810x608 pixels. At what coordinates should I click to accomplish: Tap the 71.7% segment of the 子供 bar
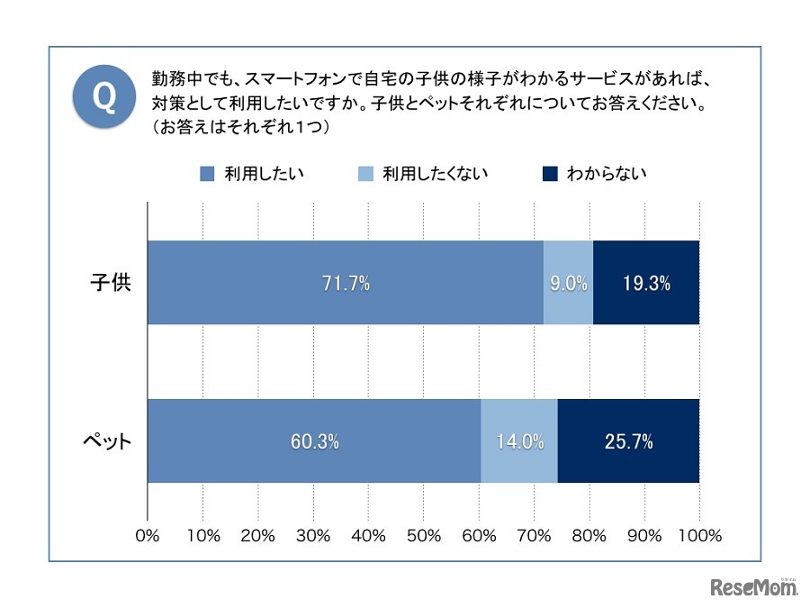(x=346, y=283)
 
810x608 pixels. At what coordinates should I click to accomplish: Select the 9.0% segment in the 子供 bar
(x=568, y=283)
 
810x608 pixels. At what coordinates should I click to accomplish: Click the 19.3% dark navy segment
(x=646, y=283)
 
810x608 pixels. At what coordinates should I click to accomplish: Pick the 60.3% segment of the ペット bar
(x=314, y=441)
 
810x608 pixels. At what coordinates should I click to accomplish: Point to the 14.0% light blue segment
(x=519, y=441)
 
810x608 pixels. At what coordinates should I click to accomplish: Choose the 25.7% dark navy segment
(x=628, y=441)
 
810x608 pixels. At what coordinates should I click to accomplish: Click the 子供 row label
(x=110, y=283)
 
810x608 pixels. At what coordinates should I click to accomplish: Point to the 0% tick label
(x=147, y=536)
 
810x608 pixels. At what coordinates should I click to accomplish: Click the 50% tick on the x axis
(x=423, y=536)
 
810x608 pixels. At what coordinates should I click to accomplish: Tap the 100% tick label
(x=699, y=536)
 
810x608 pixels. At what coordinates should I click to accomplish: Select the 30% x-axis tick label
(x=313, y=536)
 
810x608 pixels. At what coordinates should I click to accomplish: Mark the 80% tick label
(x=589, y=536)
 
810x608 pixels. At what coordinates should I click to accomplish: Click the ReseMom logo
(x=754, y=587)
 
